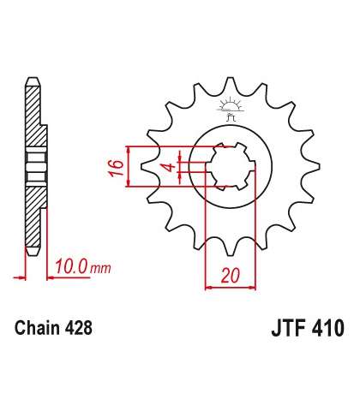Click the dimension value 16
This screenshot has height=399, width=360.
[x=116, y=168]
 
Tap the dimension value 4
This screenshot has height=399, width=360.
[x=171, y=167]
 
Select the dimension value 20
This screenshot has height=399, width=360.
[x=231, y=276]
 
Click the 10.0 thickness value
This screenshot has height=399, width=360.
[x=71, y=266]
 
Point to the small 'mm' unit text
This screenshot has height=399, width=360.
[x=100, y=269]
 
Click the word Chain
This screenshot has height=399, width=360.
[x=38, y=328]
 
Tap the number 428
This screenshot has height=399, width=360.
[x=78, y=328]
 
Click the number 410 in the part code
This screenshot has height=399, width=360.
[x=328, y=328]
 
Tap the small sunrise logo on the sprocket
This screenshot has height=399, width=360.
[x=230, y=109]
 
